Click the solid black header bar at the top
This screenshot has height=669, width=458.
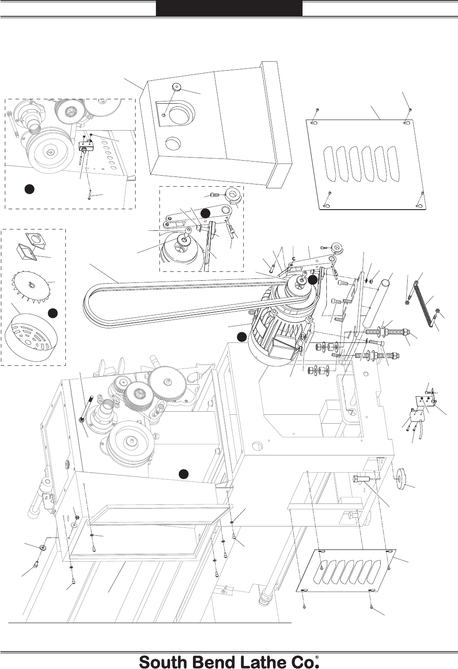(229, 8)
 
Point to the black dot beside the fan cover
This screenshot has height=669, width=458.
(53, 313)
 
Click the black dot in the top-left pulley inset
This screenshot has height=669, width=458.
(29, 189)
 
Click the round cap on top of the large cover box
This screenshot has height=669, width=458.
(176, 87)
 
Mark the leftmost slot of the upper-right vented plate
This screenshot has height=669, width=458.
(330, 164)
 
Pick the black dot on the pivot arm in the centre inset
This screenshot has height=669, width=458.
(205, 213)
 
